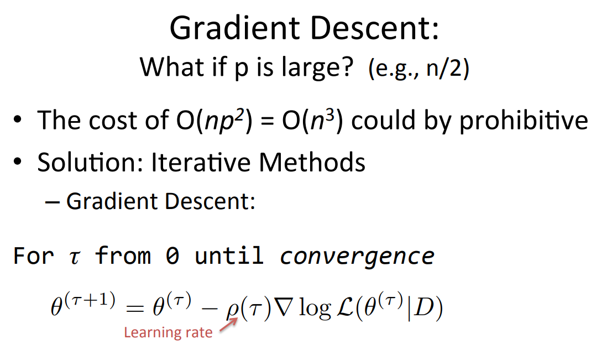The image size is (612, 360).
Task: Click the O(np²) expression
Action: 215,121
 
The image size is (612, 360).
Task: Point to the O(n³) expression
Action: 312,121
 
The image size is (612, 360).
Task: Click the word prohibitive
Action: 524,121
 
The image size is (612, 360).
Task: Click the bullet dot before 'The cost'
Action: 17,119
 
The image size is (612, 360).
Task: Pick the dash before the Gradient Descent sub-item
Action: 53,202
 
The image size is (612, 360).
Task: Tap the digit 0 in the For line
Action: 172,256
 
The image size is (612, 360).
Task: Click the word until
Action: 229,255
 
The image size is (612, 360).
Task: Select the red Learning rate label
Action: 168,333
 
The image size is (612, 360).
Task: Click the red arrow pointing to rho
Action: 228,325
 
